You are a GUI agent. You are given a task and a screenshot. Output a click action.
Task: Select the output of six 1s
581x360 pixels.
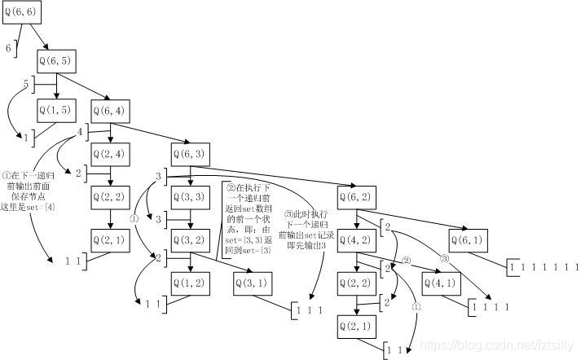544,267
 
